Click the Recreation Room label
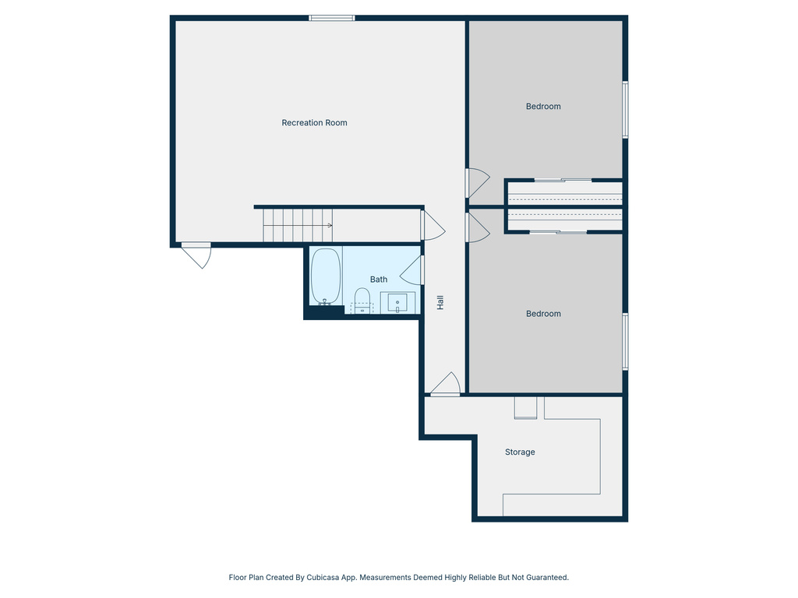[x=314, y=123]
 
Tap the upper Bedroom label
[x=543, y=107]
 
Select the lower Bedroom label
[x=543, y=314]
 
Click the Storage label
[x=520, y=452]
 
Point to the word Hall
[x=440, y=303]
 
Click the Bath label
[x=379, y=280]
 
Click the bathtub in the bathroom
[x=326, y=276]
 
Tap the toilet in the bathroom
[x=362, y=297]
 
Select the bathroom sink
[x=398, y=302]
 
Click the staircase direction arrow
[x=329, y=226]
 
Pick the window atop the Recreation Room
[x=331, y=18]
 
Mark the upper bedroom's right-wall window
[x=625, y=110]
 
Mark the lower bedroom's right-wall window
[x=625, y=341]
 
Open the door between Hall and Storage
[x=446, y=385]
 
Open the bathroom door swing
[x=412, y=270]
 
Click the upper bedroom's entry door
[x=476, y=184]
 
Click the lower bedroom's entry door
[x=476, y=227]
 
